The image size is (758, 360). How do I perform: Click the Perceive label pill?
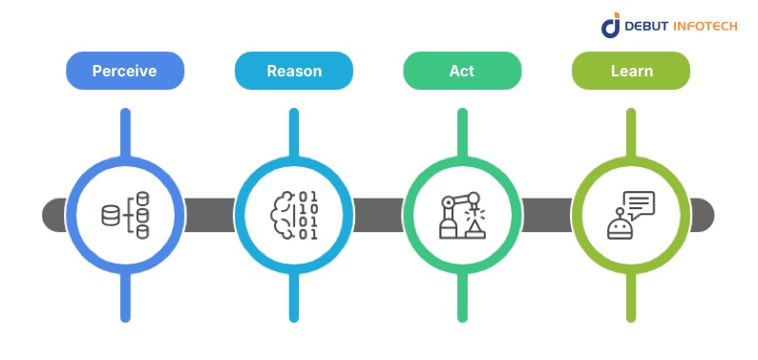point(124,71)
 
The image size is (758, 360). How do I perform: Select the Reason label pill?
point(293,71)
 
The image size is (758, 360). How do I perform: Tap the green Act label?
point(462,71)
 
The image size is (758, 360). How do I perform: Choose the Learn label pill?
point(631,71)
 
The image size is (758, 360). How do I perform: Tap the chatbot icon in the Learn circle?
point(630,216)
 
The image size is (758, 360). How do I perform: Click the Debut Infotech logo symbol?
point(611,26)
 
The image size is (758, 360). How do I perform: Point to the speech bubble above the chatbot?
point(640,203)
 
